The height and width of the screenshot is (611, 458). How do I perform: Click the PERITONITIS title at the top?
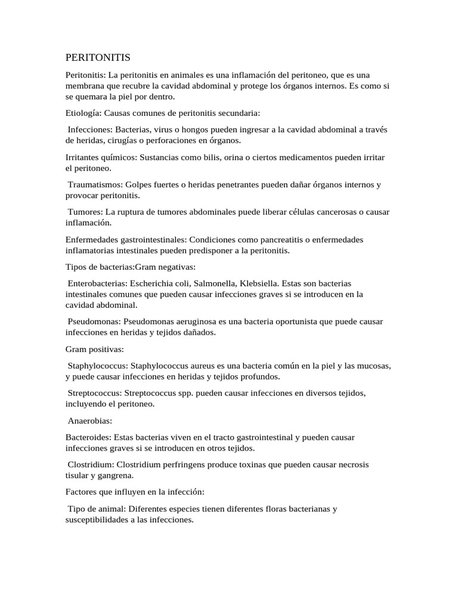click(97, 58)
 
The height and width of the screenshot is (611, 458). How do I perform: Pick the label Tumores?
click(85, 212)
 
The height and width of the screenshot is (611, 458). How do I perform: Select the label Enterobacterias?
click(98, 283)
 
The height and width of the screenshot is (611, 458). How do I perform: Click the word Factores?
click(82, 492)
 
